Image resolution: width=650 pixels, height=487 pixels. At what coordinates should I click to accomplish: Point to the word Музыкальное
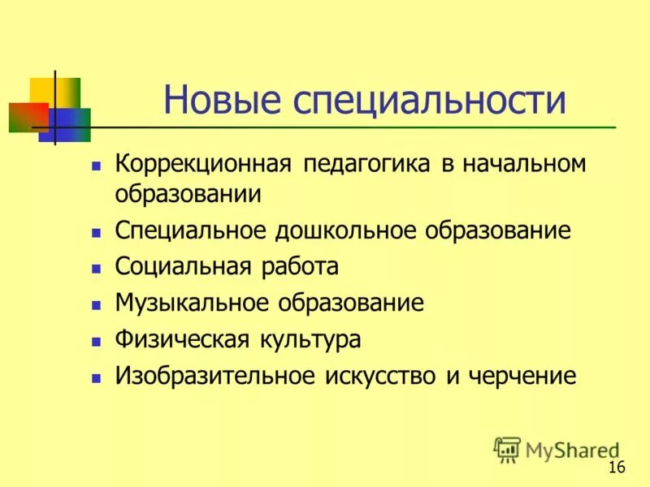tap(193, 303)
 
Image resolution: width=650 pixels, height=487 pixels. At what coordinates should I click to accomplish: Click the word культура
tap(310, 339)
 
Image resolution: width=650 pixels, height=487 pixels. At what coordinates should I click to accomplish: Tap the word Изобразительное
tap(214, 376)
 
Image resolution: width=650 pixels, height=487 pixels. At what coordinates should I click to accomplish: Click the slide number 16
tap(616, 467)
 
